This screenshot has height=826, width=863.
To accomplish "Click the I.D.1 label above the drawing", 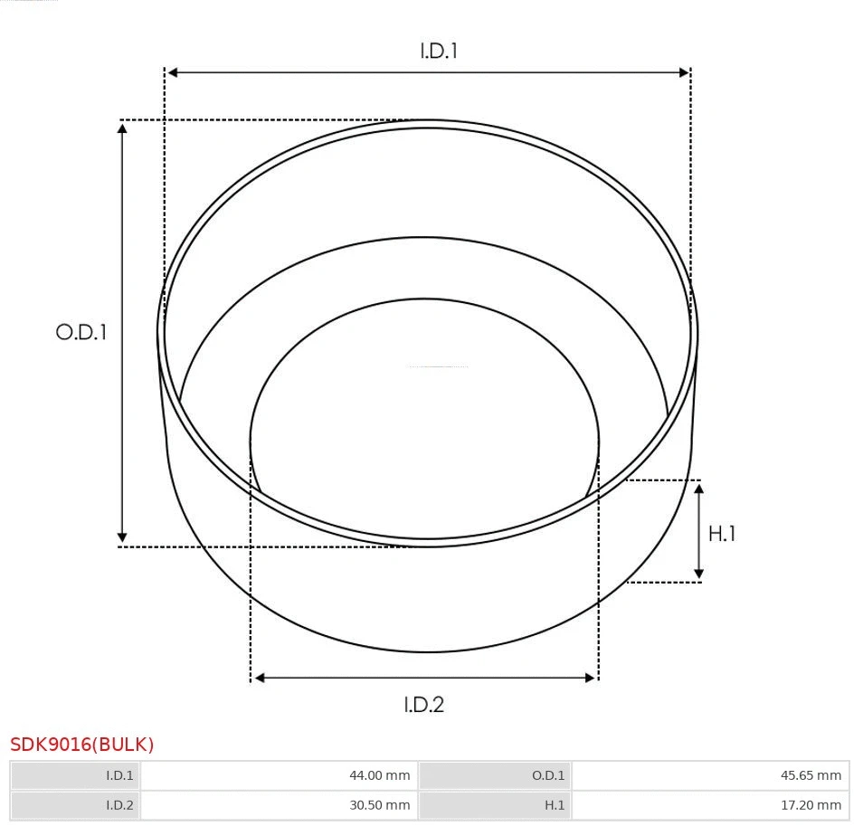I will point(439,51).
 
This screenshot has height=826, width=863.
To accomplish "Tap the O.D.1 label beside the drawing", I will point(81,332).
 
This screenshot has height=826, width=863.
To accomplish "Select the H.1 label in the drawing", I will point(722,534).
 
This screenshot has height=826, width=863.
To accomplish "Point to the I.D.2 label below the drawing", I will point(424,704).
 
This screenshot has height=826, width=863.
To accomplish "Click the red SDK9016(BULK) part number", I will point(82,745).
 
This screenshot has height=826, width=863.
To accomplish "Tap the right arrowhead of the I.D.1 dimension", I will point(684,72).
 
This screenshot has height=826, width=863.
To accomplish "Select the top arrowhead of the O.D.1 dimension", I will point(122,128).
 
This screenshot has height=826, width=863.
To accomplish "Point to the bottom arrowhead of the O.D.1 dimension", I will point(122,537).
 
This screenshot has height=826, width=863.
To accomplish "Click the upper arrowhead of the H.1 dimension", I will point(698,489).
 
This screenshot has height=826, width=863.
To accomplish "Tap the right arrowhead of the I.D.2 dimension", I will point(591,678).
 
